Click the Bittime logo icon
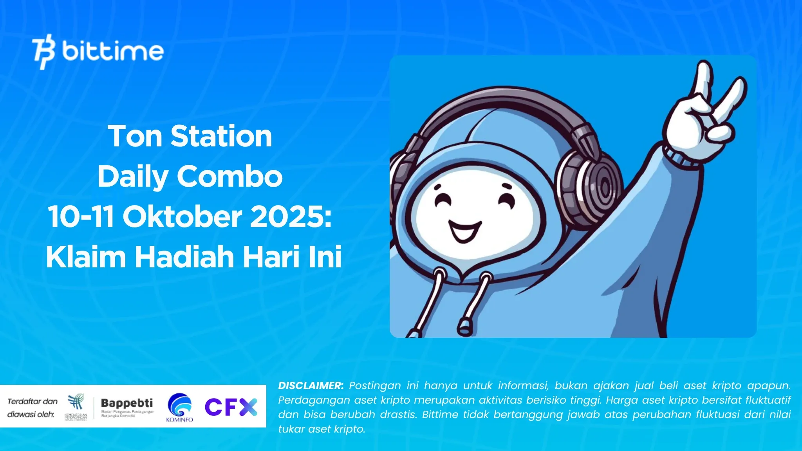(x=43, y=52)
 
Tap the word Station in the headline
(x=221, y=136)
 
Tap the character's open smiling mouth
(x=464, y=231)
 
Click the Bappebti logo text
(x=127, y=403)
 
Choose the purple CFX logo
(x=231, y=407)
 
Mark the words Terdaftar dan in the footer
(x=33, y=401)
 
